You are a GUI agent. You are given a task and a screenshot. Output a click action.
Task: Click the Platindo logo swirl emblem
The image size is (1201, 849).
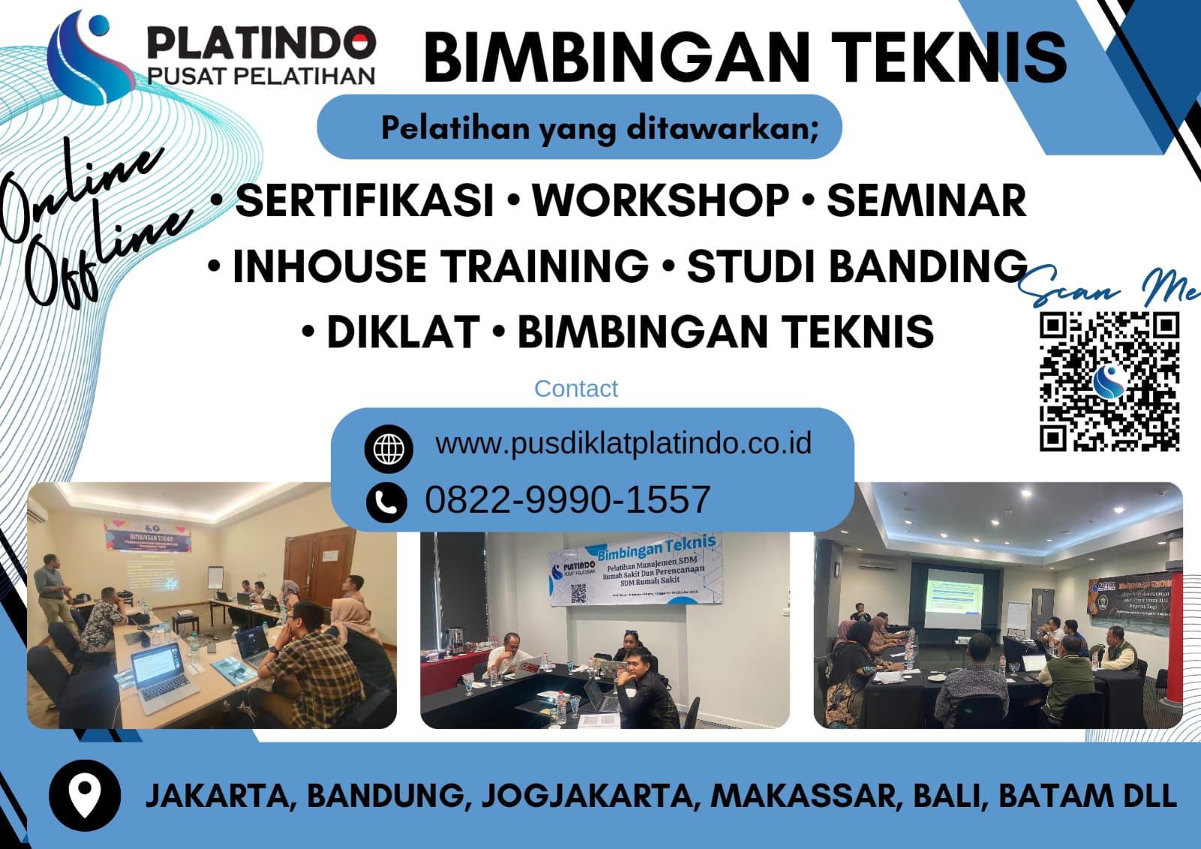click(86, 56)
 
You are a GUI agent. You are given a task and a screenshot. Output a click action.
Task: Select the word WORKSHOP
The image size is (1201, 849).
click(661, 200)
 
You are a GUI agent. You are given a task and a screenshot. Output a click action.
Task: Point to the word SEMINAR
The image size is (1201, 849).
click(926, 200)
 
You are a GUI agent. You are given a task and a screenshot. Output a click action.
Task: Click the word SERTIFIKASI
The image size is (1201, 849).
click(365, 200)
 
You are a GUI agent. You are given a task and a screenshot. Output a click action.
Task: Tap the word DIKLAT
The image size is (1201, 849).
click(403, 332)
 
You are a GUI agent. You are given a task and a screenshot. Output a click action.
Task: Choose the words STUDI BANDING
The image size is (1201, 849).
click(856, 266)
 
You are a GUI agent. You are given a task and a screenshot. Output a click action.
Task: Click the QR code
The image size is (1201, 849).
click(1109, 382)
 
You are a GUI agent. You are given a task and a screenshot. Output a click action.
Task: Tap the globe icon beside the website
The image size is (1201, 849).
click(388, 449)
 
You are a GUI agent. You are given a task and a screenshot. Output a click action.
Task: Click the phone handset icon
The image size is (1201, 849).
click(387, 501)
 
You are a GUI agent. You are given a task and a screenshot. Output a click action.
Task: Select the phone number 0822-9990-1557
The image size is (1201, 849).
click(567, 500)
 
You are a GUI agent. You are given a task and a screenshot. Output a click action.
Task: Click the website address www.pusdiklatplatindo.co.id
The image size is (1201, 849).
click(623, 443)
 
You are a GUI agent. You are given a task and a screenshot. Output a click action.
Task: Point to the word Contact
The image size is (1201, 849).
click(576, 389)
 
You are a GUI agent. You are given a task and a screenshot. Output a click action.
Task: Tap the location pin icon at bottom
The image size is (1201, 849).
click(84, 795)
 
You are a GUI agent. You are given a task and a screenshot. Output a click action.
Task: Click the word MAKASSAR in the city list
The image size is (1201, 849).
click(805, 796)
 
